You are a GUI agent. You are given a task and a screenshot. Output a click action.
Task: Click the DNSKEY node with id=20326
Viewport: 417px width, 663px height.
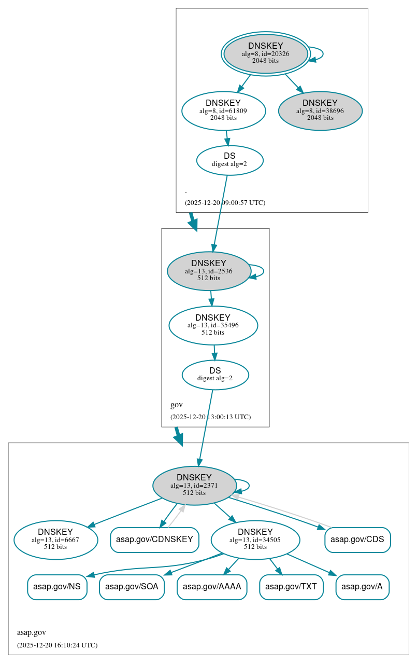coord(265,53)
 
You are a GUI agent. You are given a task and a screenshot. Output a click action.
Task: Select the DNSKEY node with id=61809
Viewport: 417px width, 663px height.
coord(223,111)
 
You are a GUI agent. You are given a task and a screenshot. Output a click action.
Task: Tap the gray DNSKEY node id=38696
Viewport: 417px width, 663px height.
coord(320,111)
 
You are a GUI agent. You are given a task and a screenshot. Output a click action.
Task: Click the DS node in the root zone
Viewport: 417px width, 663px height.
coord(229,160)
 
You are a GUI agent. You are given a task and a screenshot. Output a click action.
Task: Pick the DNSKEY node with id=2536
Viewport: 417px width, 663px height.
coord(209,271)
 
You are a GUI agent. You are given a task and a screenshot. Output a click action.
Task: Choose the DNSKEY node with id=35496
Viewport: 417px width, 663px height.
coord(213,325)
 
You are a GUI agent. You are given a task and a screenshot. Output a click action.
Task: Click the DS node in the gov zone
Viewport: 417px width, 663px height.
coord(215,375)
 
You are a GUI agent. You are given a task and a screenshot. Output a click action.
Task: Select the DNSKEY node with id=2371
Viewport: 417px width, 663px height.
coord(194,486)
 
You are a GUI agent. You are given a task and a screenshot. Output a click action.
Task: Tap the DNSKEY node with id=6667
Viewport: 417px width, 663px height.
coord(55,540)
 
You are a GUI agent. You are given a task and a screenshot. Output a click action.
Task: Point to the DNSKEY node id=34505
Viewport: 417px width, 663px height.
coord(255,540)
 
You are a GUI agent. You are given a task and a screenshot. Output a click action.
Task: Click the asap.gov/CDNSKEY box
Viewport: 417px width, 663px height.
coord(154,540)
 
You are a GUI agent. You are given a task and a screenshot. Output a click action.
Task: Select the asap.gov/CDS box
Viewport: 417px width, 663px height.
coord(357,540)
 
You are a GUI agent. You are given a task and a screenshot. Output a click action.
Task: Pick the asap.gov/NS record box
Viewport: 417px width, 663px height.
coord(57,587)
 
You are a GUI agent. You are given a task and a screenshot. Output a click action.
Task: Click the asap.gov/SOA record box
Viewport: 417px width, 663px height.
coord(132,587)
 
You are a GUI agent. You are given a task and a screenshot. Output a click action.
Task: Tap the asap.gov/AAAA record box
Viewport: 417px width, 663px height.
coord(212,587)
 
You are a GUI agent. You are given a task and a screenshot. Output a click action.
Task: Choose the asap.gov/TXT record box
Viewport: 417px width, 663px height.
coord(291,587)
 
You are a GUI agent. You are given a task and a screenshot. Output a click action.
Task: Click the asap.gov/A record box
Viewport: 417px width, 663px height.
coord(362,587)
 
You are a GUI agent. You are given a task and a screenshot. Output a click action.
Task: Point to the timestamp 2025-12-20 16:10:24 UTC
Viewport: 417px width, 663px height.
coord(57,645)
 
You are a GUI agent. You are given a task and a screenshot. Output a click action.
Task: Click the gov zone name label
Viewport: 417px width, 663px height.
coord(176,405)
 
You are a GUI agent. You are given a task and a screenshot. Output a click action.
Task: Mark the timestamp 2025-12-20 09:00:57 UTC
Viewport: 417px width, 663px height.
coord(225,202)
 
